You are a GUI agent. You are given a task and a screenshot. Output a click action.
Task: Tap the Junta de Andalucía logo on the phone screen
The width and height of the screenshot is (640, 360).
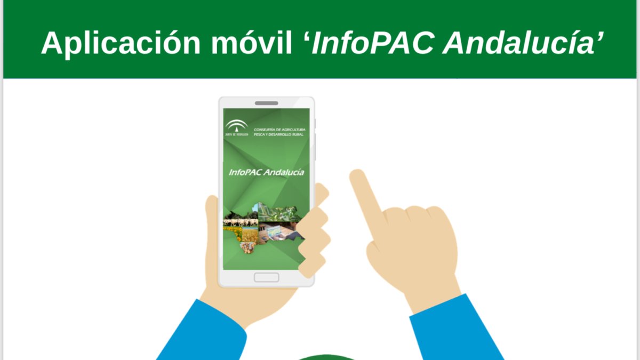(236, 128)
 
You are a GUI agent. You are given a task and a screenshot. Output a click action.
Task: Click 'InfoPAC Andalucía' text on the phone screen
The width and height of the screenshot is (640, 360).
(266, 172)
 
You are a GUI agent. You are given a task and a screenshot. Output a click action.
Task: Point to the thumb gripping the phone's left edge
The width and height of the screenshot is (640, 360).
(213, 213)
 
